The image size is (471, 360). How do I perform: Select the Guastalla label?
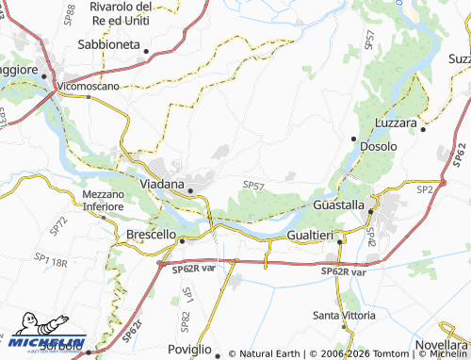click(337, 205)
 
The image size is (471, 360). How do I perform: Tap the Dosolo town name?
click(378, 147)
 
